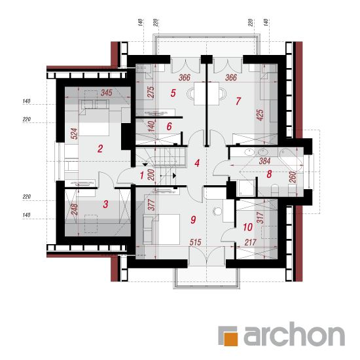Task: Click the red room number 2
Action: coord(100,149)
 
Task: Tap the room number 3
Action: coord(105,204)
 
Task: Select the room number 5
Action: coord(173,93)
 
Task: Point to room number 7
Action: coord(238,101)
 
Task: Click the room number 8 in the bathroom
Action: coord(269,174)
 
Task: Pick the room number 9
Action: coord(193,220)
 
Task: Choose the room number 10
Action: coord(247,227)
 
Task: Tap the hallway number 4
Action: coord(197,163)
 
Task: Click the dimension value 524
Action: coord(74,134)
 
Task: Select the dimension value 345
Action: coord(107,93)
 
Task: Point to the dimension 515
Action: coord(196,242)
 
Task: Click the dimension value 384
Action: coord(264,161)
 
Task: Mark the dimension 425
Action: coord(260,115)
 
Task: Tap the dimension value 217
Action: coord(250,242)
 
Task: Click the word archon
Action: coord(294,334)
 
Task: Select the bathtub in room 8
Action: coord(291,159)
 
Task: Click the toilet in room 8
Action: coord(275,190)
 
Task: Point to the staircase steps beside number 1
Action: coord(170,156)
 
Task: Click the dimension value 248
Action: coord(74,209)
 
